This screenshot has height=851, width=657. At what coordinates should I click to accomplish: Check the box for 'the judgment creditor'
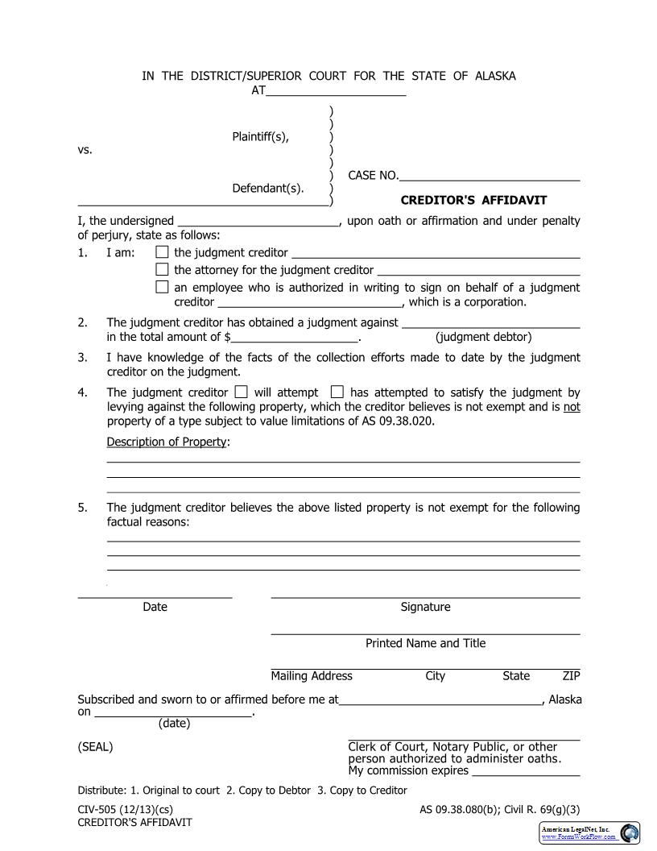pos(162,253)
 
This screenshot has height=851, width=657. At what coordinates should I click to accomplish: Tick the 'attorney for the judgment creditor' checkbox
pos(162,270)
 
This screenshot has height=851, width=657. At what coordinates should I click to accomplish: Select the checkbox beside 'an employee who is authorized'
pos(162,287)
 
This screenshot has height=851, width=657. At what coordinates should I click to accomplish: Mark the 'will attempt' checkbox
pos(240,392)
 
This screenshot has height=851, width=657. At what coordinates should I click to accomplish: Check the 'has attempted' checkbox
pos(337,392)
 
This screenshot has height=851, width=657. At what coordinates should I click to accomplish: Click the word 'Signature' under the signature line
pos(425,607)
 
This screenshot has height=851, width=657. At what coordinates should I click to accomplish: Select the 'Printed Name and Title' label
pos(425,643)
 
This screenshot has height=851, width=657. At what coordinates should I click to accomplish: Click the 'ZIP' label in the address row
pos(571,676)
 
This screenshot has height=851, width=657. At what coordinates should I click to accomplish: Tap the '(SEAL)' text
pos(95,746)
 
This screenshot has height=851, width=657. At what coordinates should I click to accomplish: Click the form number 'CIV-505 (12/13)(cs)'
pos(125,808)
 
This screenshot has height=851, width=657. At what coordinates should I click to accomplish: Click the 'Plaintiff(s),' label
pos(260,136)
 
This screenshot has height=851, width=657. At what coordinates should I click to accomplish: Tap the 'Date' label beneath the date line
pos(155,607)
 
